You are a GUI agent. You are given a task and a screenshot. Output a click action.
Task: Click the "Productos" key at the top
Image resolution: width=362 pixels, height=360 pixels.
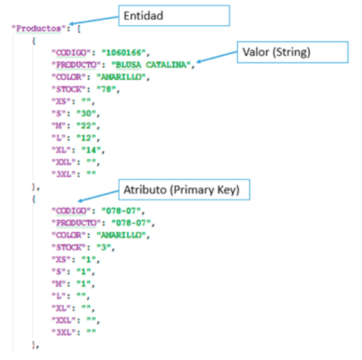(x=37, y=29)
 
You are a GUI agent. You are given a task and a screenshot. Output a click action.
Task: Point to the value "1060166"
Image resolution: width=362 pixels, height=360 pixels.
(x=124, y=52)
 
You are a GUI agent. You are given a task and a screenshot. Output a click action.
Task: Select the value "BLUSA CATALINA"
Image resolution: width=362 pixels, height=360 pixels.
(x=151, y=65)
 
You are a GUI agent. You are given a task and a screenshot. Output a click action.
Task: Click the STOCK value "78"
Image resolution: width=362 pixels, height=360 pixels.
(x=106, y=89)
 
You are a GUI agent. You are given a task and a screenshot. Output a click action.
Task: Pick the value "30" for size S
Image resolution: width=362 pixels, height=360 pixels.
(x=86, y=114)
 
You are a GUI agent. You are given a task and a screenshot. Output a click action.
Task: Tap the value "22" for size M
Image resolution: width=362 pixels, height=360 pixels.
(x=86, y=126)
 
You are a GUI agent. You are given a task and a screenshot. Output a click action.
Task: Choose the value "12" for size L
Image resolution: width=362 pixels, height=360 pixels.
(x=86, y=138)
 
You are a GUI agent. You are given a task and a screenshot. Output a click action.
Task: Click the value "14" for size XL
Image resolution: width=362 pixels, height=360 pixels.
(x=91, y=150)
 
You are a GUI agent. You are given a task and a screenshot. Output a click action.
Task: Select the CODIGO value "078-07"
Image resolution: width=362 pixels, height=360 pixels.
(x=121, y=211)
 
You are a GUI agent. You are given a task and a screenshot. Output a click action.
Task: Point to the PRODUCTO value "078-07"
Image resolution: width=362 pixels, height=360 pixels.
(x=131, y=223)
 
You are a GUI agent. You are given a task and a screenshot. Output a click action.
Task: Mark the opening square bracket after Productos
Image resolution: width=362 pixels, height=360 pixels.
(x=79, y=29)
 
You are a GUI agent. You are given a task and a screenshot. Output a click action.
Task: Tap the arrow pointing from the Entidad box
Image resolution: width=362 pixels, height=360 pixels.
(x=94, y=20)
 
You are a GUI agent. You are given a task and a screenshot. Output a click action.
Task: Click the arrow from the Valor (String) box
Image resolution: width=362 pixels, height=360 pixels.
(x=217, y=57)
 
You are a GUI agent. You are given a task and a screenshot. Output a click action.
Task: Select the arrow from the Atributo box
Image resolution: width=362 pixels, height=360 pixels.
(x=98, y=196)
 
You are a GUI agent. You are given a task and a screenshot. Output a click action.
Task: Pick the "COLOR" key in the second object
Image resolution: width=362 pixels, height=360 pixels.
(x=69, y=235)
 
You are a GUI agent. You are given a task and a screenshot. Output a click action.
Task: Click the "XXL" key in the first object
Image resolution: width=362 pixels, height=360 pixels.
(x=64, y=162)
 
